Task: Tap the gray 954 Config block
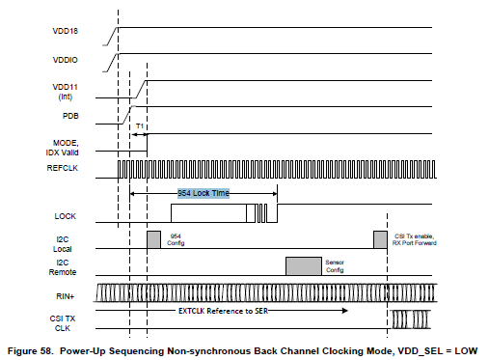[x=153, y=239]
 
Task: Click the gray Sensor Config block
[x=304, y=264]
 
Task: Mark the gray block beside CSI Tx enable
[x=380, y=239]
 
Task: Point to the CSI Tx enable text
[x=415, y=235]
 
